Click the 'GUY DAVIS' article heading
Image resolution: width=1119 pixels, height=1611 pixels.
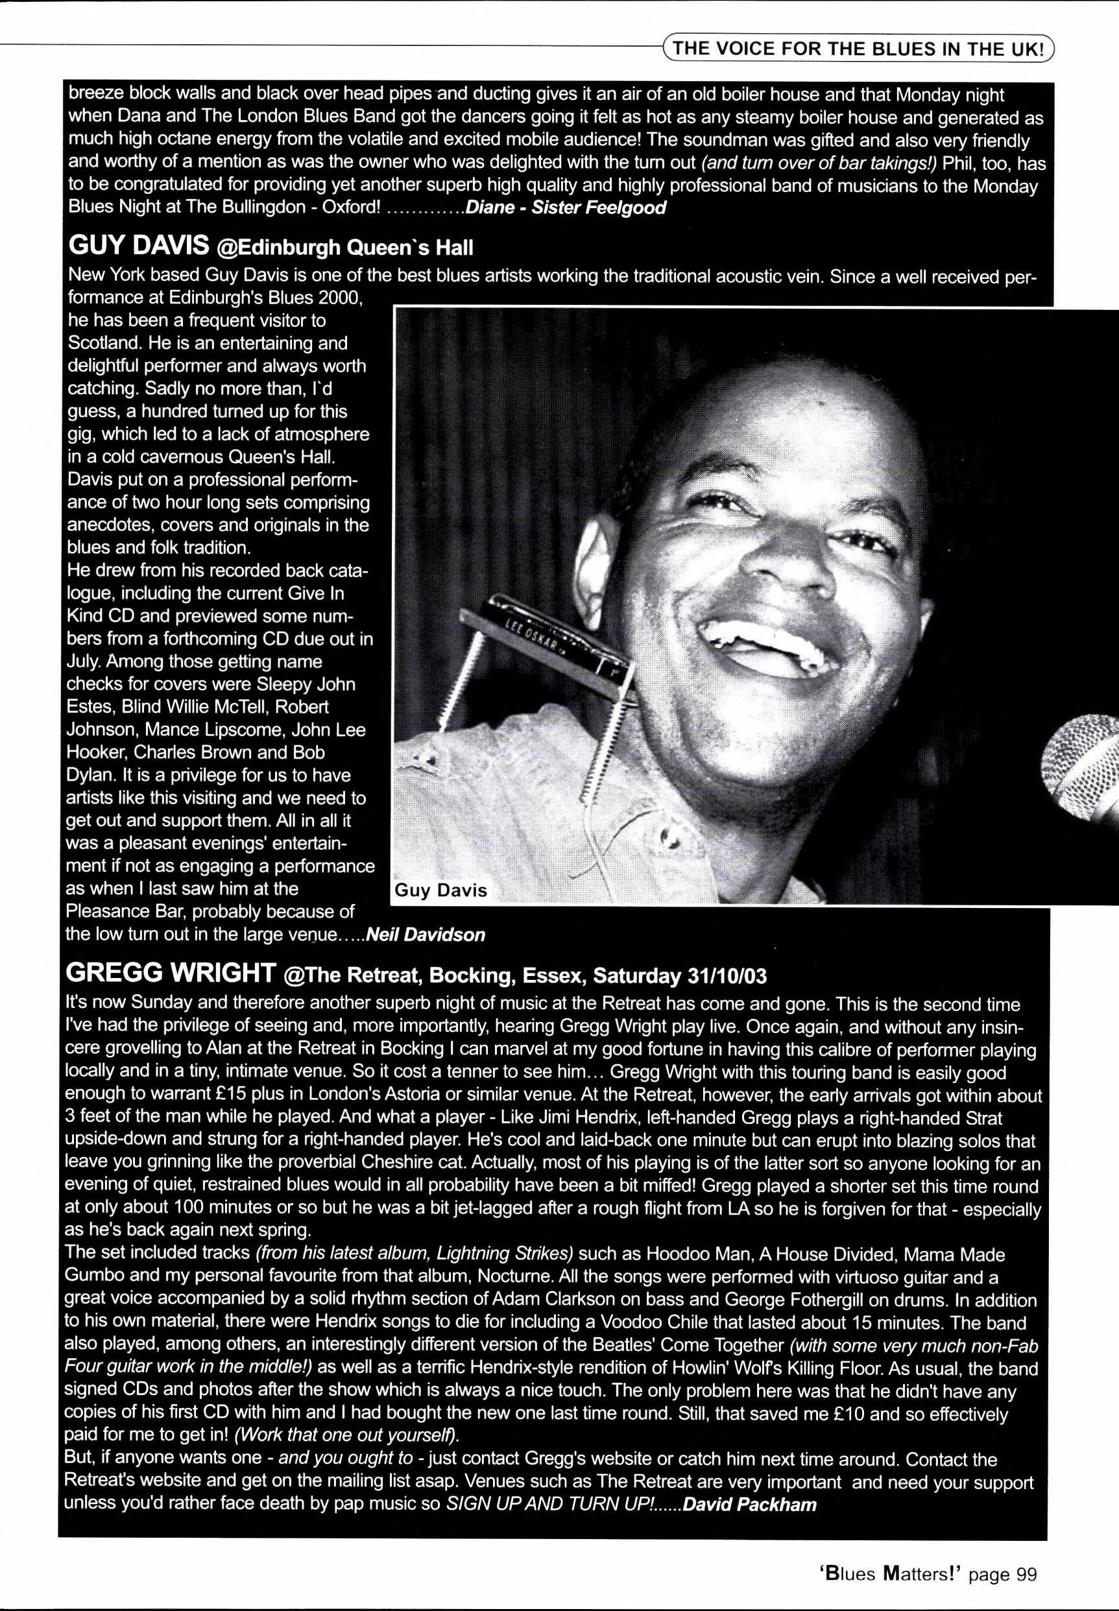coord(138,245)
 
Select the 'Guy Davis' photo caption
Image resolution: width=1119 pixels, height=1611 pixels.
coord(440,890)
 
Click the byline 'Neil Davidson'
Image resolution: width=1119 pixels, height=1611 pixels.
coord(426,935)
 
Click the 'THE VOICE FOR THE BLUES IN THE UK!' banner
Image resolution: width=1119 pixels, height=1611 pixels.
coord(858,49)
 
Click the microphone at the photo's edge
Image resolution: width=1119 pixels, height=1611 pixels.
coord(1083,769)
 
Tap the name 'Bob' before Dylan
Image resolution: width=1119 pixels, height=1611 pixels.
coord(309,752)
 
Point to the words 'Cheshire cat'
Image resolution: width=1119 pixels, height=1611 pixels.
coord(413,1162)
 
